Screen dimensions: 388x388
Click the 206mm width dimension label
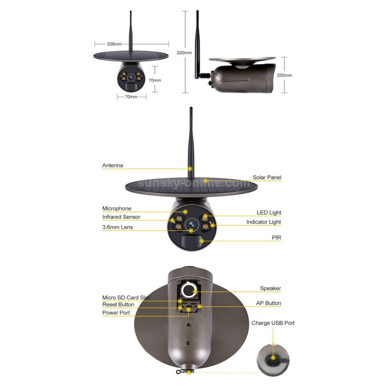pyautogui.click(x=114, y=44)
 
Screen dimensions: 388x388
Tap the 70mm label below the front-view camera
pyautogui.click(x=131, y=97)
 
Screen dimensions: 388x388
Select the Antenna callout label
pyautogui.click(x=113, y=166)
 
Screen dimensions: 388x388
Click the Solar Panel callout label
pyautogui.click(x=267, y=177)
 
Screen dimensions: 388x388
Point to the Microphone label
pyautogui.click(x=117, y=208)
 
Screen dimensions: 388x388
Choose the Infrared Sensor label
pyautogui.click(x=121, y=217)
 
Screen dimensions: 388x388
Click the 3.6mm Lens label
pyautogui.click(x=117, y=227)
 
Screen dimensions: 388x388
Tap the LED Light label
pyautogui.click(x=269, y=213)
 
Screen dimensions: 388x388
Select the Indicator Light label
pyautogui.click(x=263, y=222)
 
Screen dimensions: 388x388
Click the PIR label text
pyautogui.click(x=276, y=237)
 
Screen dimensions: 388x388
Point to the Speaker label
pyautogui.click(x=271, y=288)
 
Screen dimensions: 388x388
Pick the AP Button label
pyautogui.click(x=268, y=303)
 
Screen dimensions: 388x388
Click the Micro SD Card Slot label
pyautogui.click(x=126, y=297)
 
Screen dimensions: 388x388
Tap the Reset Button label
pyautogui.click(x=118, y=305)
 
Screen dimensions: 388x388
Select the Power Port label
pyautogui.click(x=116, y=313)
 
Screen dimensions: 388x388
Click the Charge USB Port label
pyautogui.click(x=273, y=323)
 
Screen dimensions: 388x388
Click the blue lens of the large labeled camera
pyautogui.click(x=191, y=224)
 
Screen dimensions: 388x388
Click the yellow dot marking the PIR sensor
pyautogui.click(x=202, y=241)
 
